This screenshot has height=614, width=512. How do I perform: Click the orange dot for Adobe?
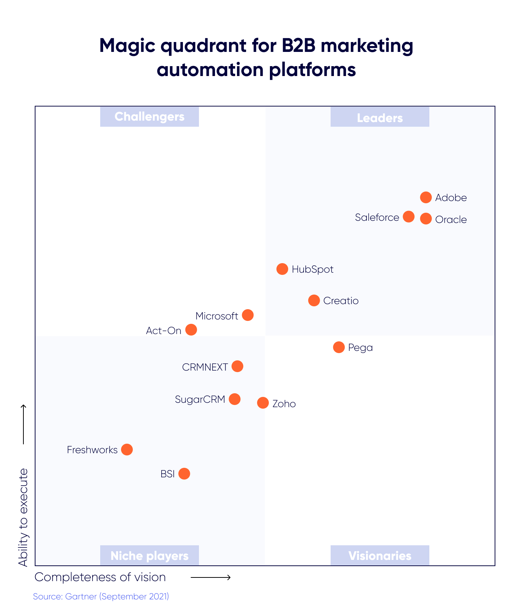tap(426, 197)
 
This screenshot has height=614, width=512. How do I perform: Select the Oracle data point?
tap(426, 219)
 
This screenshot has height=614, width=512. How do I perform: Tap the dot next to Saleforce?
tap(409, 217)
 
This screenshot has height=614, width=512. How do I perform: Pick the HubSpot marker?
tap(282, 269)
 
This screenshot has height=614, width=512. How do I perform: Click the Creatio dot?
tap(314, 300)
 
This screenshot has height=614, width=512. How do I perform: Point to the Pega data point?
tap(339, 347)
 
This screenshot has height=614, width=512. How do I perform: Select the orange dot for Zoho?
tap(263, 403)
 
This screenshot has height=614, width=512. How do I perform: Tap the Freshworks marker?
tap(127, 449)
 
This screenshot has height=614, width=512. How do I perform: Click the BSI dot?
tap(184, 474)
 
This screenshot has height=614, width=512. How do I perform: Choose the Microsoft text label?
tap(217, 316)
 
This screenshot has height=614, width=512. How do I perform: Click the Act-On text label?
tap(163, 331)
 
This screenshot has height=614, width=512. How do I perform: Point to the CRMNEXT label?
tap(205, 367)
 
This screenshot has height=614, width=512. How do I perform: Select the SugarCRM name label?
tap(200, 399)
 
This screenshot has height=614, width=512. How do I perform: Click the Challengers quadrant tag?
tap(149, 117)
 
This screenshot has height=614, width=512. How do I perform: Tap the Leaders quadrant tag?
tap(380, 117)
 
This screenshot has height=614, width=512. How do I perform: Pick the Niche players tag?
tap(149, 556)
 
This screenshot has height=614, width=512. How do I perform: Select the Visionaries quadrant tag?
tap(380, 556)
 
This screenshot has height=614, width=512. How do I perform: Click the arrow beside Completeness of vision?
tap(211, 577)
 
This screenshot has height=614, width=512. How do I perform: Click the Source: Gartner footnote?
tap(101, 596)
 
